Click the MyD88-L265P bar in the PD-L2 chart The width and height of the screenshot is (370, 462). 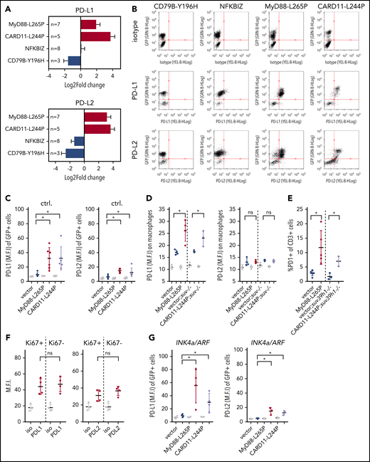pos(95,117)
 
